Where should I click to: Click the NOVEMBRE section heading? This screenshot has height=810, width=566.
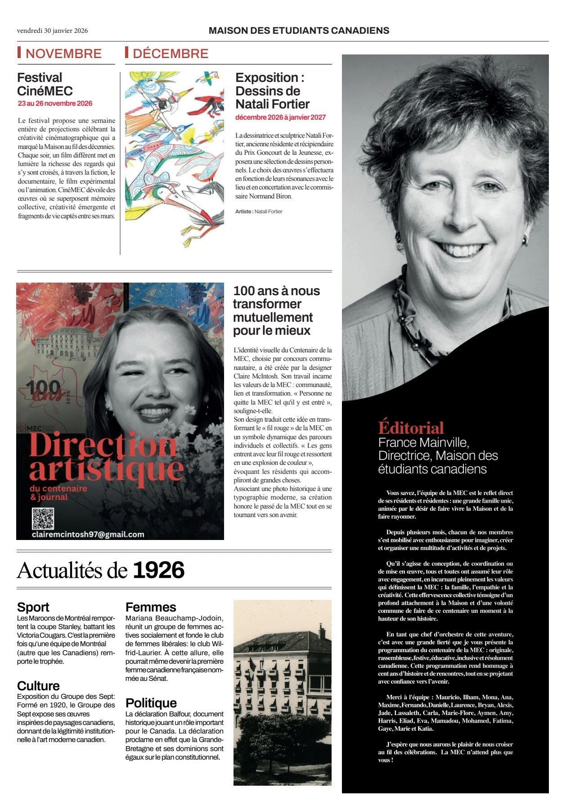point(63,54)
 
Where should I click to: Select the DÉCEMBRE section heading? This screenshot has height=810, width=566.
point(171,54)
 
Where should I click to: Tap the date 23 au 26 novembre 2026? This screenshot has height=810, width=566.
point(55,103)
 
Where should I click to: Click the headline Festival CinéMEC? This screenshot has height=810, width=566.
point(45,84)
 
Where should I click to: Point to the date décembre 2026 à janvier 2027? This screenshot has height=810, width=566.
point(280,117)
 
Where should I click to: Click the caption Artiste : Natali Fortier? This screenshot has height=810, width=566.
point(259,211)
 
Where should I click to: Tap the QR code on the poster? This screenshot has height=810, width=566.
point(43,519)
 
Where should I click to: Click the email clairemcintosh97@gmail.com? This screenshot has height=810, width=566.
point(88,535)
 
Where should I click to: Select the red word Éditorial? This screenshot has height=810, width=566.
point(411,427)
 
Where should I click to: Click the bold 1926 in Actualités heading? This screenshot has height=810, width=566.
point(159,570)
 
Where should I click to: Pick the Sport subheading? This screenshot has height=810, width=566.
point(33,607)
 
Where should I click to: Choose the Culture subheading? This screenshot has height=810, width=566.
point(38,686)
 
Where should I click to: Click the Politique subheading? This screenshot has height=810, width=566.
point(151,703)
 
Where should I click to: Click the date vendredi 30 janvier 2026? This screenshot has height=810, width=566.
point(52,31)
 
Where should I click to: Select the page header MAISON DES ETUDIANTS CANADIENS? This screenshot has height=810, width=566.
point(299,31)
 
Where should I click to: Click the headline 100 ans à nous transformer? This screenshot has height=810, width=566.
point(276,310)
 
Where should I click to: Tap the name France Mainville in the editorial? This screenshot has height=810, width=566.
point(423,442)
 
